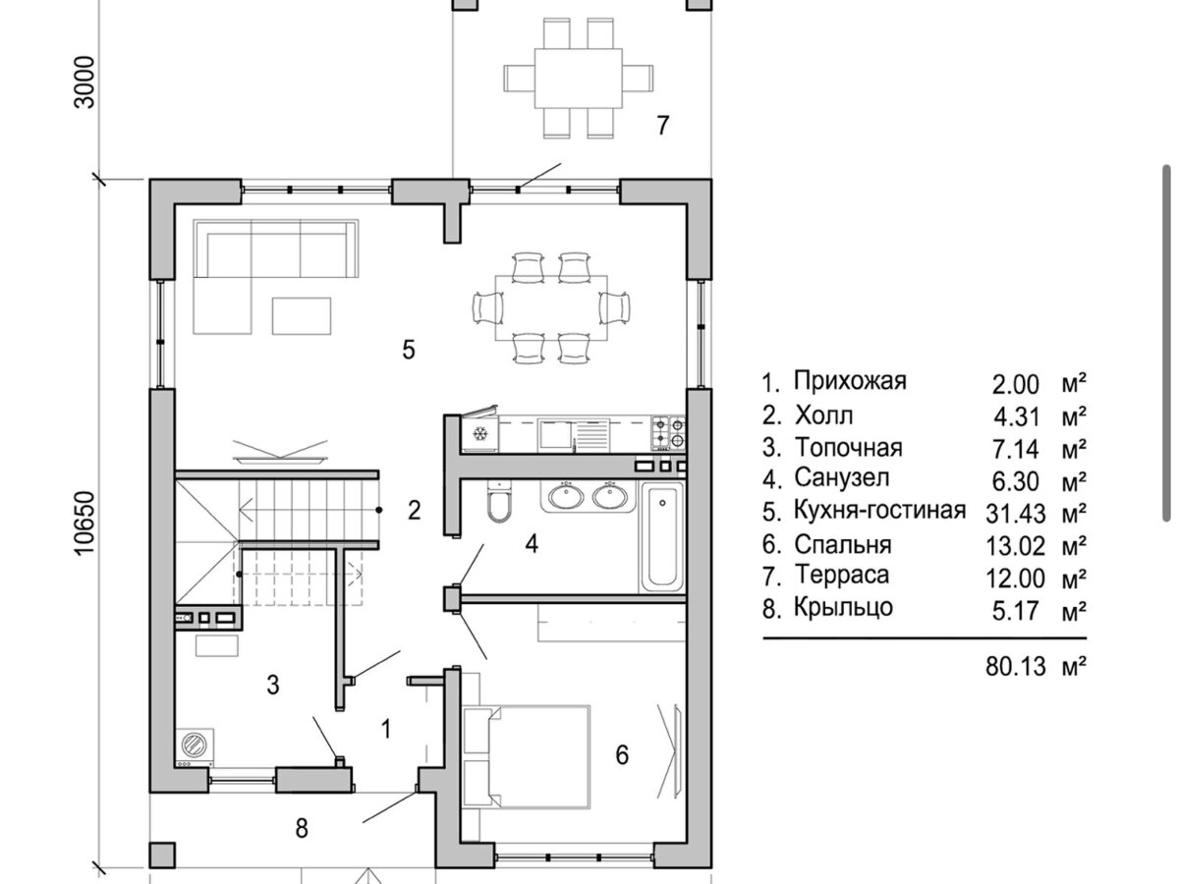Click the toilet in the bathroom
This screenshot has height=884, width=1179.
(499, 501)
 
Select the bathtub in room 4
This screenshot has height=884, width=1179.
(662, 536)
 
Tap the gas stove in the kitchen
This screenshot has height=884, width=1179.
(669, 432)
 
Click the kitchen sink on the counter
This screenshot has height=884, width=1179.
(574, 434)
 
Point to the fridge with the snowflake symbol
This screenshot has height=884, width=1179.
(478, 432)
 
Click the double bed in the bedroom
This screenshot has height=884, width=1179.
(527, 756)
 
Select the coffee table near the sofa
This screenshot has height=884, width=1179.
(302, 316)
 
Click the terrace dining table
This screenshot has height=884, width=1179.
(579, 79)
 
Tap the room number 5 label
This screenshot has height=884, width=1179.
(408, 350)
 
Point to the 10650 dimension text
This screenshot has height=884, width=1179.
(84, 524)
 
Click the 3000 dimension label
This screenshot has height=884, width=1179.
(84, 83)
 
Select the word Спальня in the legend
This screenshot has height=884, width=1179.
(843, 545)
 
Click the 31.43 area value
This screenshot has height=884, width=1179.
(1015, 514)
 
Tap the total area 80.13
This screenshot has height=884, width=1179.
(1015, 667)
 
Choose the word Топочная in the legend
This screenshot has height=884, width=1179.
(848, 448)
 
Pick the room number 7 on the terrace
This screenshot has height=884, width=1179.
(663, 125)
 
